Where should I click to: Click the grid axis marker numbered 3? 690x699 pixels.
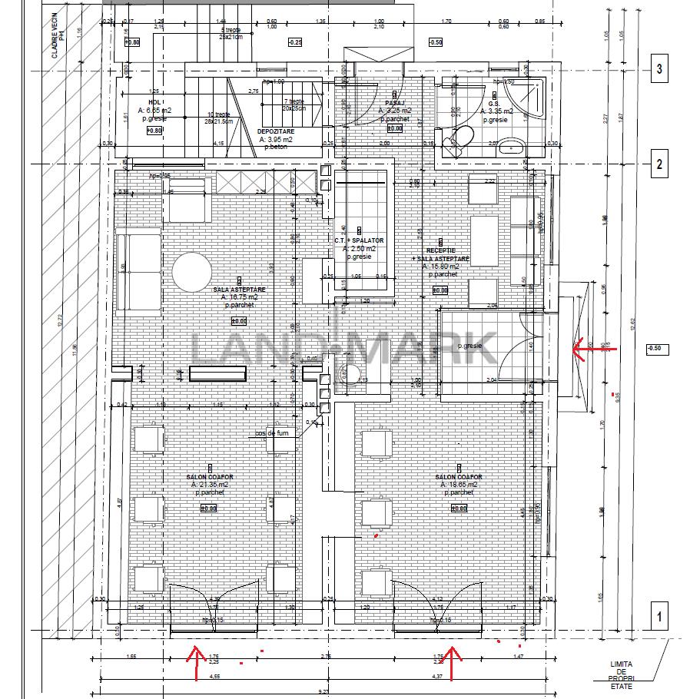point(660,70)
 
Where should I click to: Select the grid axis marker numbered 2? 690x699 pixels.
point(660,164)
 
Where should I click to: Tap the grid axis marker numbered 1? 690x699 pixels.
point(660,615)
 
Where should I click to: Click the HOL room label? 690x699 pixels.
point(154,101)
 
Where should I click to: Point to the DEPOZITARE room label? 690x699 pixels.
point(275,131)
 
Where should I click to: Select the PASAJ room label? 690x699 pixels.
point(396,102)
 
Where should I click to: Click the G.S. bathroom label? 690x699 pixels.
point(495,102)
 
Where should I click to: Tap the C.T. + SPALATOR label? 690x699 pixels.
point(359,240)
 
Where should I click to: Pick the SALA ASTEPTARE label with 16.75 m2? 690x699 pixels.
point(239,290)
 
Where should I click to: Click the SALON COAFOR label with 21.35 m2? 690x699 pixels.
point(209,477)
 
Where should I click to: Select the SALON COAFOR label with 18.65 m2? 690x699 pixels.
point(459,477)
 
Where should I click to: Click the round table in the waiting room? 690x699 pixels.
point(192,271)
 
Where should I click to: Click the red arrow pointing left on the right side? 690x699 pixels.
point(588,349)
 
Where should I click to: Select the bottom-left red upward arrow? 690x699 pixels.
point(194,663)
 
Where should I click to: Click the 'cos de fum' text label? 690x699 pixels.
point(273,433)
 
